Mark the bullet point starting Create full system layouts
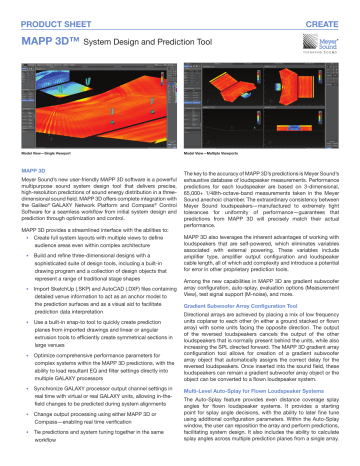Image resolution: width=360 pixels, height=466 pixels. pos(100,235)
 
